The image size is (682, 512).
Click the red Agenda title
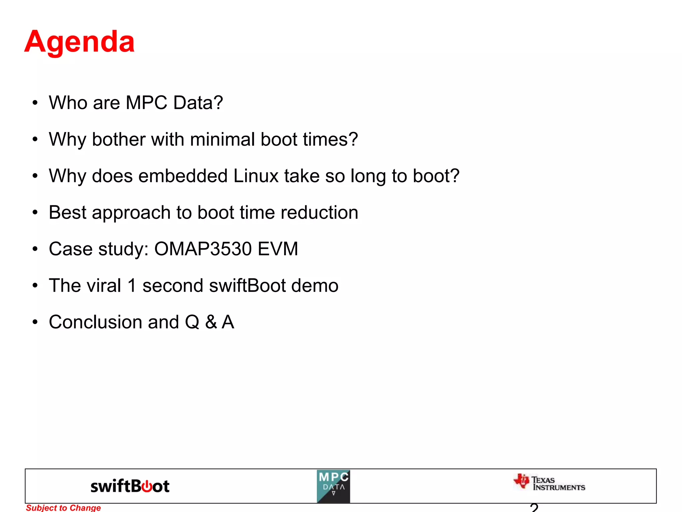(79, 42)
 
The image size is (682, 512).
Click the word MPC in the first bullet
(146, 102)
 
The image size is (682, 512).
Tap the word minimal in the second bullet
(222, 139)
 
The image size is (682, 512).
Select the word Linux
(255, 176)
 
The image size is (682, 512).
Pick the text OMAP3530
(202, 249)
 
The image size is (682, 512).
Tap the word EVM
(278, 249)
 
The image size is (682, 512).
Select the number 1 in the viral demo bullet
(132, 286)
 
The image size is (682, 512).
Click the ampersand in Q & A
(211, 322)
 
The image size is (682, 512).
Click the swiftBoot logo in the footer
(130, 486)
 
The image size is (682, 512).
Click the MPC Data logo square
(333, 486)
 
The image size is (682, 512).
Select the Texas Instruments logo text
(558, 484)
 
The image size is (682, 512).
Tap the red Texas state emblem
(521, 481)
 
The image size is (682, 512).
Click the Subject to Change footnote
(63, 508)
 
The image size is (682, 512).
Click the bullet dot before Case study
(35, 249)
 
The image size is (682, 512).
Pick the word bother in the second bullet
(119, 139)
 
